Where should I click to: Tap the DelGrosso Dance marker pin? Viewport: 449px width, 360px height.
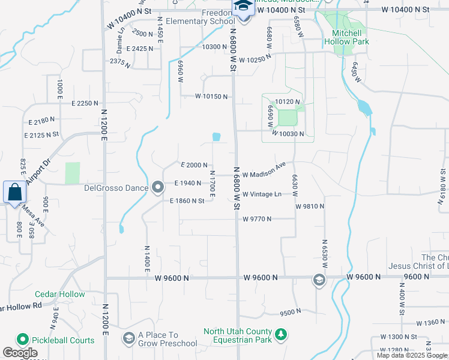tap(158, 188)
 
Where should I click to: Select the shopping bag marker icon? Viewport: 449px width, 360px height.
tap(14, 193)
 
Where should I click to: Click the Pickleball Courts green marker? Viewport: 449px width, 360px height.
tap(25, 340)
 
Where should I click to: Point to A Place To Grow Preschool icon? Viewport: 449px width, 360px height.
tap(128, 339)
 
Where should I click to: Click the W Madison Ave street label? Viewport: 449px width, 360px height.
tap(264, 170)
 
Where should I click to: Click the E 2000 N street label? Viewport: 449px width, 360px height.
tap(194, 165)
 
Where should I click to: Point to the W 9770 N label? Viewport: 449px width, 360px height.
tap(258, 220)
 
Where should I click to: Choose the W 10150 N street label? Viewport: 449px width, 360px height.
tap(212, 97)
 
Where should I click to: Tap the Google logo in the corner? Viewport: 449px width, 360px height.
tap(20, 353)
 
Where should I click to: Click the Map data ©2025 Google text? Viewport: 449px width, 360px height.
tap(412, 355)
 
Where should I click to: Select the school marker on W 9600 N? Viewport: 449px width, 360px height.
tap(318, 279)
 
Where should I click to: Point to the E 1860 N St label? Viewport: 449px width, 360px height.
tap(187, 201)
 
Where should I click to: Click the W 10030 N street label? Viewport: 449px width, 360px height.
tap(288, 134)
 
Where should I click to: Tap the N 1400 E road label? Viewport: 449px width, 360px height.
tap(146, 258)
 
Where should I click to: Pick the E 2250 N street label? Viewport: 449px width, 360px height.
tap(85, 103)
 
